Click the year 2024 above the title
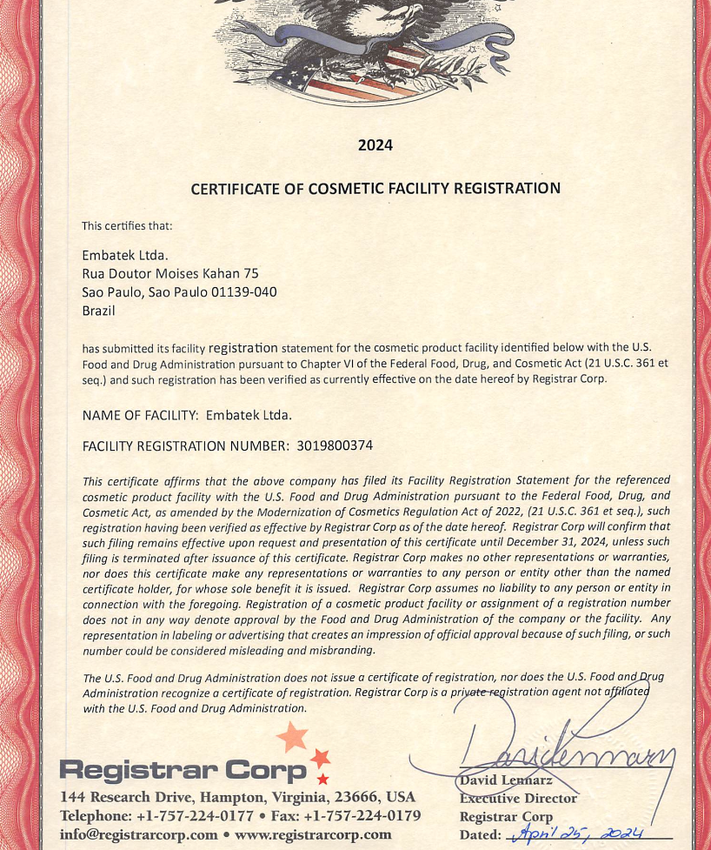point(375,145)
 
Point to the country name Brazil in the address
point(98,311)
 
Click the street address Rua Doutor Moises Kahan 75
point(170,273)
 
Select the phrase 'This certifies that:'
point(127,226)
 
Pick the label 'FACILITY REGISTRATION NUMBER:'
point(185,445)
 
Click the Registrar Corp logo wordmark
point(183,770)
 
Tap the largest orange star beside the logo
point(292,739)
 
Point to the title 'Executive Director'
point(518,798)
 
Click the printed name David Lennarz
point(506,780)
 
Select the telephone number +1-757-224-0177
point(195,816)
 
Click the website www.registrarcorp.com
point(313,835)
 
